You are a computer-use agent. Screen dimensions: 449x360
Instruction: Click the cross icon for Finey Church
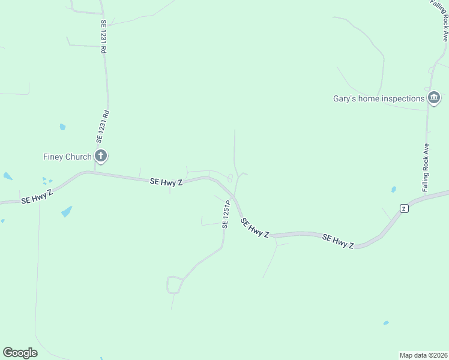coord(101,157)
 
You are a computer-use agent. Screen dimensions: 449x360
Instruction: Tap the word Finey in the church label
coord(53,157)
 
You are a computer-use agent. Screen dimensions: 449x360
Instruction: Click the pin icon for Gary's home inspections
coord(434,98)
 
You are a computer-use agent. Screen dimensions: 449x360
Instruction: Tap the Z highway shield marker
coord(404,208)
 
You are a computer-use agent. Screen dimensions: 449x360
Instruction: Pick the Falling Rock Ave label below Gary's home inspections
coord(426,167)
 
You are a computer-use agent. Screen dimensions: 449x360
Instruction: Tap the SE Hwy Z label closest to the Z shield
coord(338,241)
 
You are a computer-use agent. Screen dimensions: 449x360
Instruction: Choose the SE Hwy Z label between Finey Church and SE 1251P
coord(166,181)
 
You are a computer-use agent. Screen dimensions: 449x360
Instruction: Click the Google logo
coord(20,353)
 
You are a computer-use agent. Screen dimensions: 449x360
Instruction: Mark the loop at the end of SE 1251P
coord(175,284)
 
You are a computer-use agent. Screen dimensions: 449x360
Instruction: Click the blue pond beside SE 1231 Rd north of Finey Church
coord(62,127)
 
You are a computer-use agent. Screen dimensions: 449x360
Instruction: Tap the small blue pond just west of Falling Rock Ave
coord(394,189)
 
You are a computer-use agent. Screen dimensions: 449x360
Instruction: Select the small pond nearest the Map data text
coord(385,323)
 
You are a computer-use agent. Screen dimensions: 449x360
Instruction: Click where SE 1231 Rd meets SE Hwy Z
coord(94,173)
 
